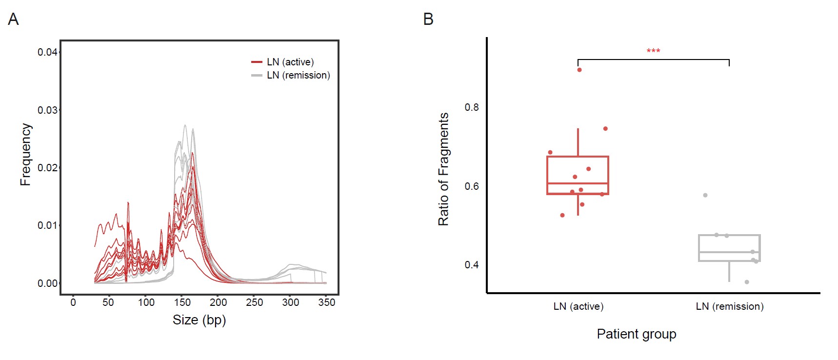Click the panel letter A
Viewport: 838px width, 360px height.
(x=13, y=20)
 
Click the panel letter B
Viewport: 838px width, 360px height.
(x=428, y=20)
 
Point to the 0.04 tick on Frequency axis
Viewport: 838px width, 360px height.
(x=47, y=52)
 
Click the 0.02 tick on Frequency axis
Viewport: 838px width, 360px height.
(x=47, y=168)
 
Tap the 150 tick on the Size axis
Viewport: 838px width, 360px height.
(x=182, y=302)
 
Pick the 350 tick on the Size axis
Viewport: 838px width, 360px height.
(x=326, y=302)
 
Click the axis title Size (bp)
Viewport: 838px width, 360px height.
(x=199, y=320)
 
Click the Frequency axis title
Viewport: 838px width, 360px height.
(x=25, y=154)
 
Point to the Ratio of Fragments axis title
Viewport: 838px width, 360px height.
(x=443, y=169)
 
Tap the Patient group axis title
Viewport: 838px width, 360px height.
(x=636, y=334)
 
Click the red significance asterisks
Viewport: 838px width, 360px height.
(x=653, y=51)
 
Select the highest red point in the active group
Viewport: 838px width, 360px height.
(x=579, y=70)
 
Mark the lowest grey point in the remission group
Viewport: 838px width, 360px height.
(x=747, y=282)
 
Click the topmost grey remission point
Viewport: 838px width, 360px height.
(x=705, y=195)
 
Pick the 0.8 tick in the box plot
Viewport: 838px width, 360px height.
(x=472, y=107)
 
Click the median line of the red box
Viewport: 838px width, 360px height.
(x=578, y=183)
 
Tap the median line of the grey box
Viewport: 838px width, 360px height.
(x=729, y=252)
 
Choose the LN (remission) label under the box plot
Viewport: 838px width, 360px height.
(x=729, y=306)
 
